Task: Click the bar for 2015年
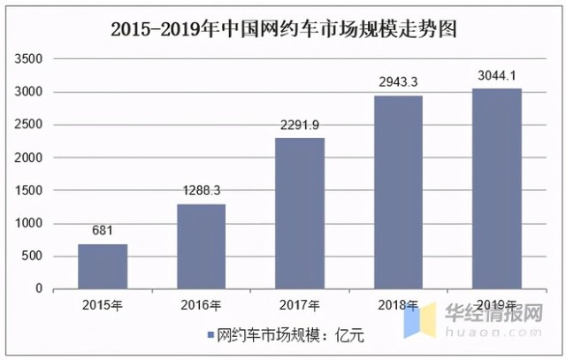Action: pyautogui.click(x=103, y=266)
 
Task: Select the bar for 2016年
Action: pyautogui.click(x=201, y=246)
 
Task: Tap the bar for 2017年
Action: pyautogui.click(x=299, y=213)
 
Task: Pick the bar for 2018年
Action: pyautogui.click(x=397, y=192)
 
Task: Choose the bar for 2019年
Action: pyautogui.click(x=496, y=188)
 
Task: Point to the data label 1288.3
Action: pyautogui.click(x=201, y=191)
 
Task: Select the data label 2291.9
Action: pyautogui.click(x=299, y=125)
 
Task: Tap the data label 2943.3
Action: pyautogui.click(x=397, y=82)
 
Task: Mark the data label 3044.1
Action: pyautogui.click(x=496, y=75)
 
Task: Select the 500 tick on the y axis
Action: pyautogui.click(x=32, y=257)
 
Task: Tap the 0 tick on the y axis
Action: pyautogui.click(x=39, y=289)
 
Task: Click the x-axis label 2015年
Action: pyautogui.click(x=103, y=305)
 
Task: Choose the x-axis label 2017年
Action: pyautogui.click(x=299, y=305)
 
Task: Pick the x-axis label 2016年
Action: pyautogui.click(x=201, y=305)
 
